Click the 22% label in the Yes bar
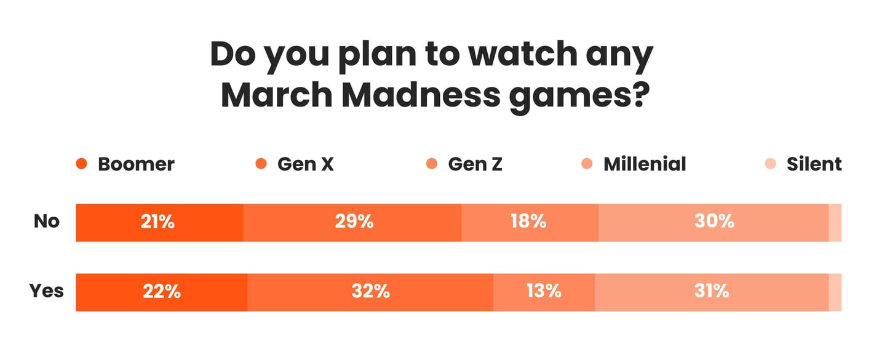pyautogui.click(x=161, y=291)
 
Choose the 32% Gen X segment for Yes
pyautogui.click(x=370, y=291)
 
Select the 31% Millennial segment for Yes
pyautogui.click(x=712, y=291)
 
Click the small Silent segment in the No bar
pyautogui.click(x=835, y=222)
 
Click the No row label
pyautogui.click(x=47, y=222)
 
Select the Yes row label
pyautogui.click(x=47, y=290)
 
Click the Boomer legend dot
pyautogui.click(x=81, y=164)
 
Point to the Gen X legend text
pyautogui.click(x=306, y=164)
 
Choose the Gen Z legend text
pyautogui.click(x=475, y=164)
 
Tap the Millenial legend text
pyautogui.click(x=644, y=164)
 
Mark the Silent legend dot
pyautogui.click(x=770, y=164)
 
